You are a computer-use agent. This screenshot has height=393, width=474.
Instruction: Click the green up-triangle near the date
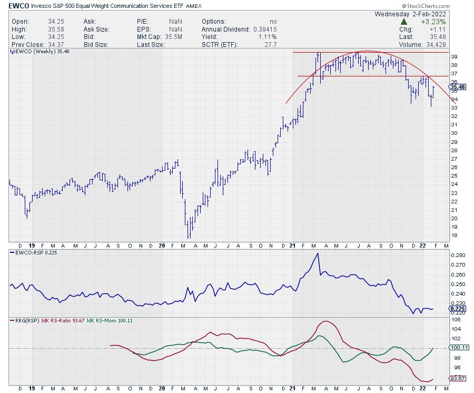tap(403, 22)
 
